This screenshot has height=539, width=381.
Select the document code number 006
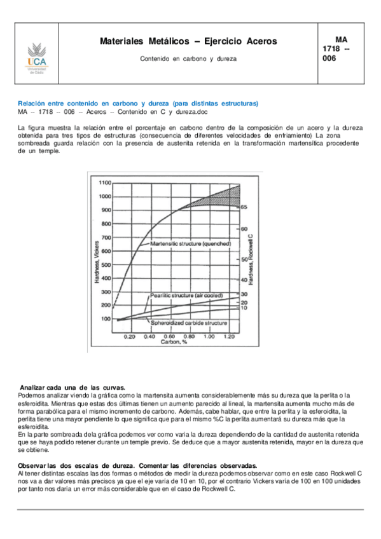tap(329, 58)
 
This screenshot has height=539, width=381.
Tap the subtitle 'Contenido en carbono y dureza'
tap(188, 58)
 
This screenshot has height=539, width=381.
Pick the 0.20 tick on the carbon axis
tap(130, 336)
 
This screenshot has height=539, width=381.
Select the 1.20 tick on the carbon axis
tap(228, 336)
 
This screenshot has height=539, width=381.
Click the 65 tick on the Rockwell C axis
tap(244, 207)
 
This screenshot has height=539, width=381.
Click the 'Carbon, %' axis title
tap(173, 342)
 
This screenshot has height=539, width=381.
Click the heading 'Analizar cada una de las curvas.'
tap(73, 388)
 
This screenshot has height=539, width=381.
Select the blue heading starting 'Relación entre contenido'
tap(138, 103)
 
